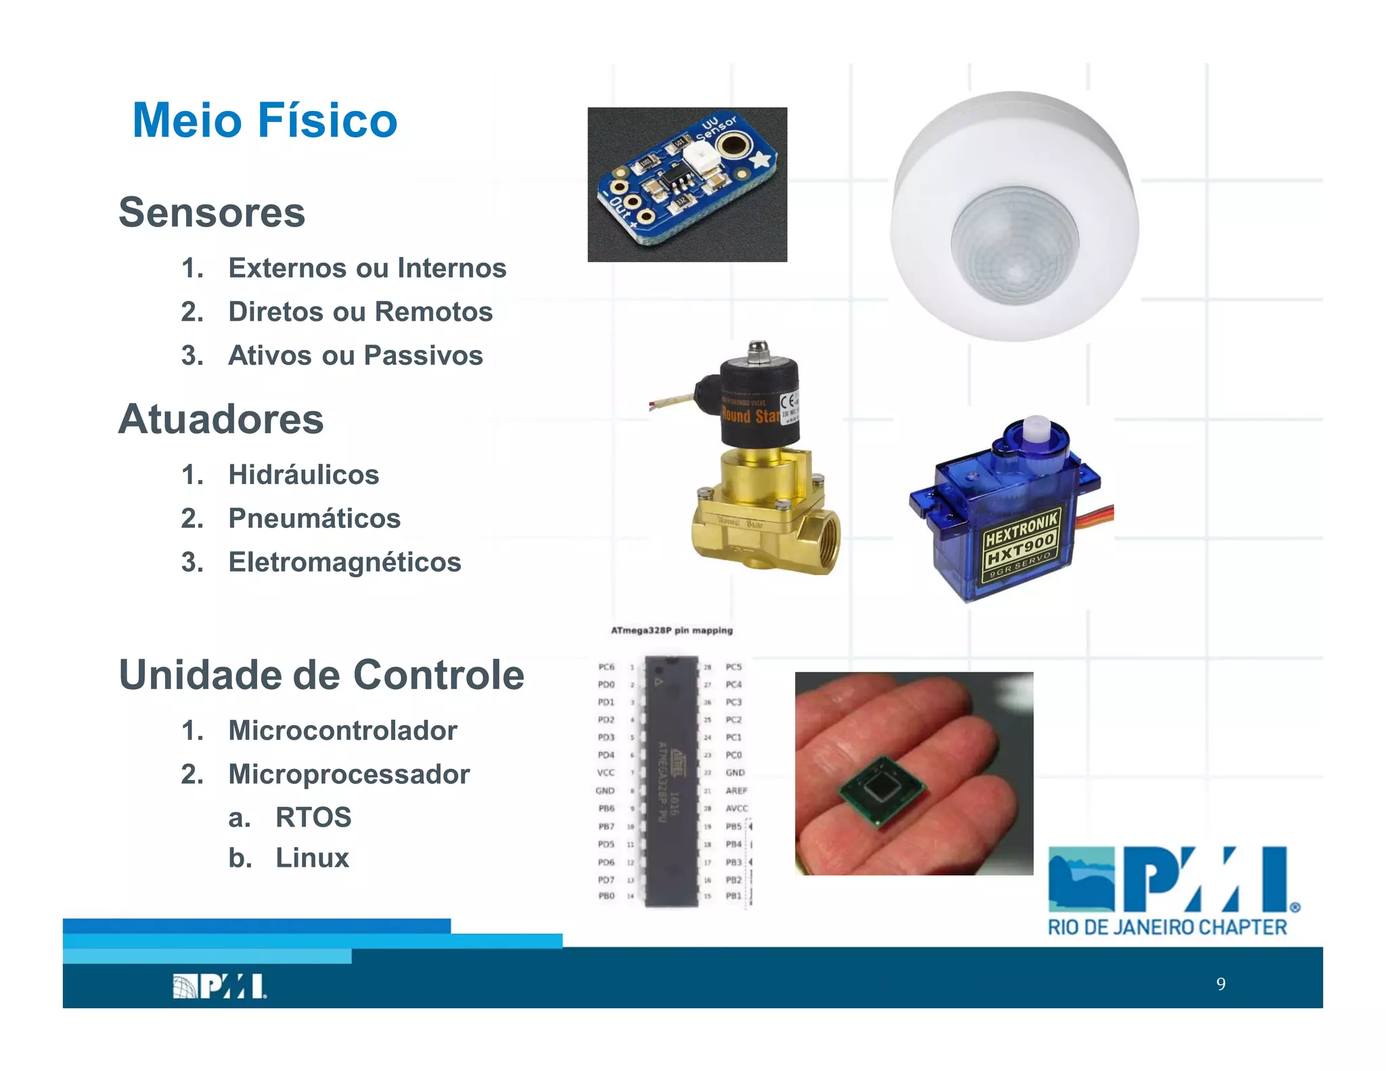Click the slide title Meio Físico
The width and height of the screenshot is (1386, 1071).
pos(265,121)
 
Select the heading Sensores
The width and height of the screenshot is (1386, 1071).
pos(212,212)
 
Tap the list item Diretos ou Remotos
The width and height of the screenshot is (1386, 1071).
pos(360,312)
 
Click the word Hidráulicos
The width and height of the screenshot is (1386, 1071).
pos(303,475)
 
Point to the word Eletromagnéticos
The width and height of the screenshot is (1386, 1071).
pos(344,563)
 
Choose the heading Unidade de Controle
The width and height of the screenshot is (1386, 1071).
pos(321,675)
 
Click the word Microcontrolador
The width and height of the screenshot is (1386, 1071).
pos(342,730)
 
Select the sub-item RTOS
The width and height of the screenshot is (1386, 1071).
pos(313,817)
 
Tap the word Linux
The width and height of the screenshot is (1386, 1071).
pos(312,858)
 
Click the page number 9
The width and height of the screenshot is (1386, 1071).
pos(1220,984)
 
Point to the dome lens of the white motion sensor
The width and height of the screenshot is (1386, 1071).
pos(1014,245)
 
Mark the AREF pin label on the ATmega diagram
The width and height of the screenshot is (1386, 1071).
pos(736,791)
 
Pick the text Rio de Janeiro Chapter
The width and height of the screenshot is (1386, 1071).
pos(1167,927)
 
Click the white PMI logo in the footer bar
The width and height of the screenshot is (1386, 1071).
pos(219,986)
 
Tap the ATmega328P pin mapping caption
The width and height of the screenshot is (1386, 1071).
pos(671,630)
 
